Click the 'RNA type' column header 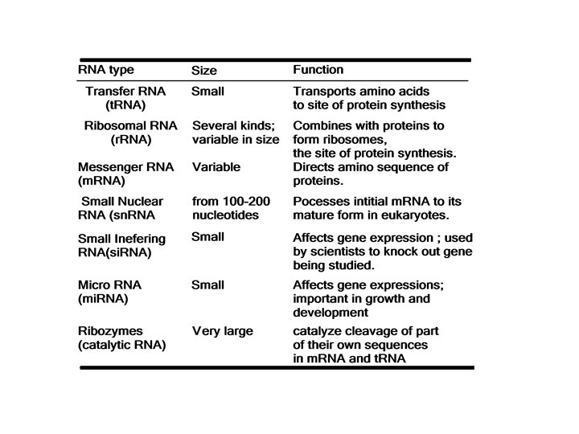pos(109,70)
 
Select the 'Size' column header pos(204,71)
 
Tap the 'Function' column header pos(318,70)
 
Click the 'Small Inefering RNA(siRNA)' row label pos(121,245)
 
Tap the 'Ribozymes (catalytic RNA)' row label pos(121,338)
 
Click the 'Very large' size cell pos(223,331)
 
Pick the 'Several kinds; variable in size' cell pos(236,133)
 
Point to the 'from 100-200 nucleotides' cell pos(232,208)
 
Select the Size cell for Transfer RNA pos(207,92)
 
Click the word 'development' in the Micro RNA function pos(331,313)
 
